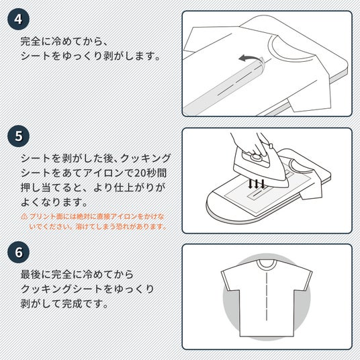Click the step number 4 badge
point(18,19)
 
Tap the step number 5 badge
point(18,136)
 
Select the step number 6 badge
point(18,252)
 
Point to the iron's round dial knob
point(255,157)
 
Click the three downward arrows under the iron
point(257,184)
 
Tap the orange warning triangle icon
point(24,216)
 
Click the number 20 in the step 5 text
point(140,173)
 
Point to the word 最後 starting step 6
point(31,275)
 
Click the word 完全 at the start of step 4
point(31,42)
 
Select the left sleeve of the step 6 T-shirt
point(230,279)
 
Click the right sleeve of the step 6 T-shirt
point(303,279)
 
